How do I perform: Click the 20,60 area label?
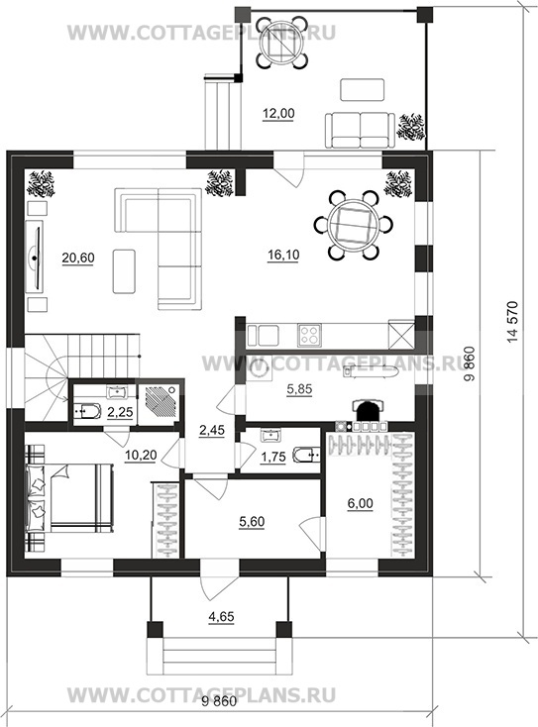coord(78,258)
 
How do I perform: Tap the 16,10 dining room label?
coord(283,255)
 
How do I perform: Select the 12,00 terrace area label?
coord(278,114)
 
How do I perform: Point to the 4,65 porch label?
coord(221,617)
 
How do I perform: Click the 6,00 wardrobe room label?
coord(361,503)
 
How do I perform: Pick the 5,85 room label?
coord(299,390)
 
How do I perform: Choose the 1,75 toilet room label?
coord(273,458)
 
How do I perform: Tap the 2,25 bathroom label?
coord(120,412)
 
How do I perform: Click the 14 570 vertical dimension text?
coord(511,322)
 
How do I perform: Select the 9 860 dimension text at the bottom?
coord(219,701)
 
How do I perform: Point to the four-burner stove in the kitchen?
coord(309,335)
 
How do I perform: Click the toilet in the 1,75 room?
coord(306,456)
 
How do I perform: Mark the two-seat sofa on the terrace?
coord(360,131)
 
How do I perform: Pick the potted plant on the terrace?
coord(410,127)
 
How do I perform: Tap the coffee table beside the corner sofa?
coord(124,271)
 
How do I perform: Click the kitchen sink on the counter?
coord(264,335)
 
